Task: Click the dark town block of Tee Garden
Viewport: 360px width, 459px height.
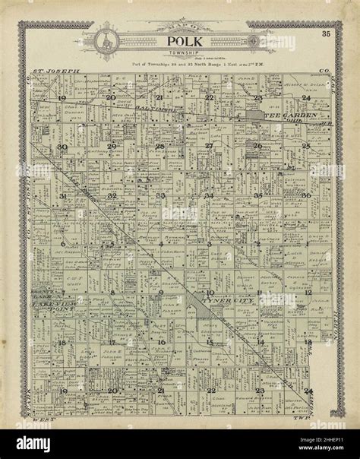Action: [251, 116]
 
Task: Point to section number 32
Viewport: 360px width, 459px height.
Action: [112, 195]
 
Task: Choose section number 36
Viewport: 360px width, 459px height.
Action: [306, 195]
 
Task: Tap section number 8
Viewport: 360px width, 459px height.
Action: [112, 293]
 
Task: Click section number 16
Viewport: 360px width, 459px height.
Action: [160, 342]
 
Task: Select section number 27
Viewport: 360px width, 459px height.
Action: [208, 146]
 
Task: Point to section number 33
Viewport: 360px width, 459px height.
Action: [160, 195]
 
